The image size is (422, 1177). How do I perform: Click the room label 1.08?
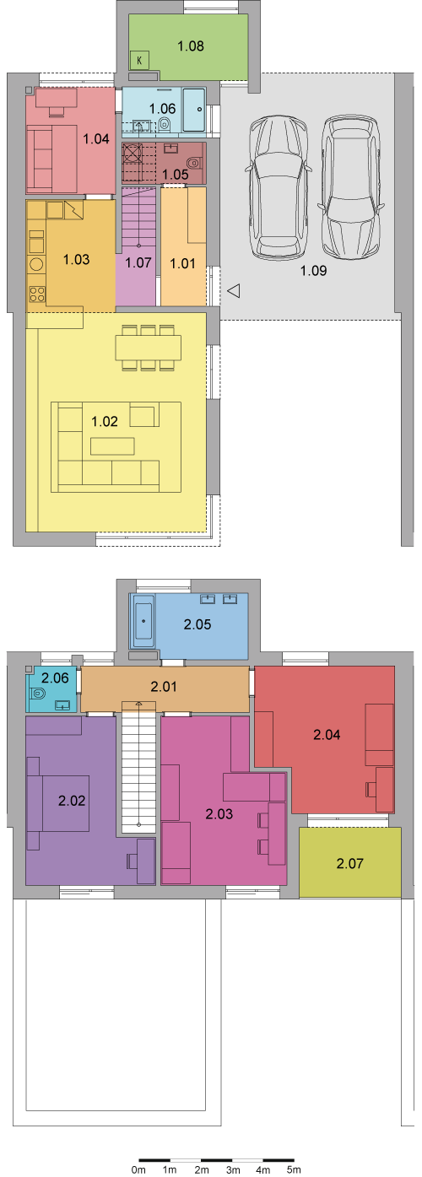(x=190, y=46)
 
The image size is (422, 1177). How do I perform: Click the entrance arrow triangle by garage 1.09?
(x=234, y=290)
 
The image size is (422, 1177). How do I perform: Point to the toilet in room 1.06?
(x=165, y=125)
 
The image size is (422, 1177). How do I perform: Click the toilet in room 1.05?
(x=194, y=162)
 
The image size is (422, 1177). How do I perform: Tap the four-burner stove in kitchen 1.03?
(x=37, y=294)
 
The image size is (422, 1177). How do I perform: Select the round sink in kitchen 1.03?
(x=37, y=264)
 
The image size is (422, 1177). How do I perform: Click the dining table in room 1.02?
(x=149, y=347)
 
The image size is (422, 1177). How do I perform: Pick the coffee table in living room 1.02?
(x=112, y=446)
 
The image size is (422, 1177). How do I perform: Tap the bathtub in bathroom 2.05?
(x=143, y=621)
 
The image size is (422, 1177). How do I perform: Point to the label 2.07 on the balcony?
(x=349, y=863)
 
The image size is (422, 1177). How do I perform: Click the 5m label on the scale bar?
(x=293, y=1169)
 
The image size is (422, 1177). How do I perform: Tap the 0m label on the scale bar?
(x=138, y=1169)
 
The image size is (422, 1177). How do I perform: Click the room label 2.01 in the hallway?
(x=164, y=686)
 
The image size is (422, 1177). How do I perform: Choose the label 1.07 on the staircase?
(x=138, y=262)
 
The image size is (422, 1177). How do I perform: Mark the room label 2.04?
(x=327, y=735)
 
